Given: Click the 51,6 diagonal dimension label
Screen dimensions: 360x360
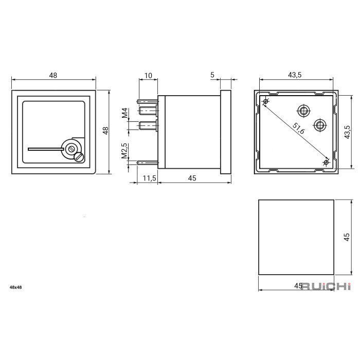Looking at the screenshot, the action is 298,129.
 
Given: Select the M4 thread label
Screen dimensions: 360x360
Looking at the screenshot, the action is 124,113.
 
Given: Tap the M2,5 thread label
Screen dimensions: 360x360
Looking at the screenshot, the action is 124,151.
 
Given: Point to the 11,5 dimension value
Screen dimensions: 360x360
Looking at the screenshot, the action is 149,178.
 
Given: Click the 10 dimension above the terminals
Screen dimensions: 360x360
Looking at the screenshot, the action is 148,76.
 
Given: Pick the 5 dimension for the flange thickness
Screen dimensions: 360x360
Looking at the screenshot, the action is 212,75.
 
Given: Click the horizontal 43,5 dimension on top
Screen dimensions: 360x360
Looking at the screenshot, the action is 295,75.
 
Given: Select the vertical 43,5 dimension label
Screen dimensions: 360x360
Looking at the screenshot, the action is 347,132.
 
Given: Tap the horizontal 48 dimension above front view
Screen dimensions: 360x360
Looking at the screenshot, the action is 53,75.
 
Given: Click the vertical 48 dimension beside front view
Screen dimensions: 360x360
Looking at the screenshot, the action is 105,131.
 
